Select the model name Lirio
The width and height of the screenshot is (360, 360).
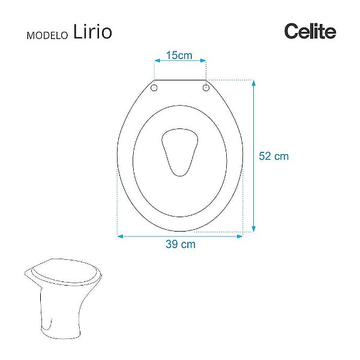(92, 32)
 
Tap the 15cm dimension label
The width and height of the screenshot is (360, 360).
(179, 56)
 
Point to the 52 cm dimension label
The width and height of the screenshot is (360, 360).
(274, 156)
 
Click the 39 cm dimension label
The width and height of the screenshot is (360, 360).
(181, 244)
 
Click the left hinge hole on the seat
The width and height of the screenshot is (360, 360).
(154, 88)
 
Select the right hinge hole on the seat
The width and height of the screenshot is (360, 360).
(206, 88)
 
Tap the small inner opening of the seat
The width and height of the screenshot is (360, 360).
(179, 152)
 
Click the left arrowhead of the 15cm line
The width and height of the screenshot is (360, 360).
(157, 61)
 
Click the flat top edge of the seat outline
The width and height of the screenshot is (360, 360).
(180, 80)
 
